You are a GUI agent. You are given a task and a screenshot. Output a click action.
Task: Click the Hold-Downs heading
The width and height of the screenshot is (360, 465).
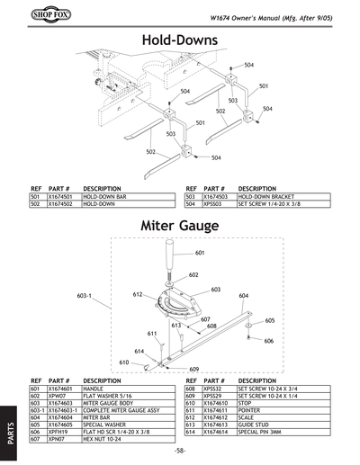180,41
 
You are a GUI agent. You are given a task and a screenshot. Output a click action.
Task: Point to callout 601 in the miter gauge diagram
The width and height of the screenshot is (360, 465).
200,253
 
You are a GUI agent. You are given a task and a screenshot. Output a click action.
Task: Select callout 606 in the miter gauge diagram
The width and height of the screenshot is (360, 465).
268,341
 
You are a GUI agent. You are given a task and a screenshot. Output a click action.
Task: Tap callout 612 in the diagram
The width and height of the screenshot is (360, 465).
139,294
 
